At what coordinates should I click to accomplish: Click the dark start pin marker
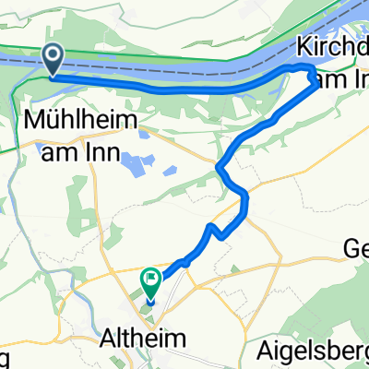(x=54, y=61)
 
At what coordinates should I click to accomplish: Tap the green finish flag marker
(x=150, y=279)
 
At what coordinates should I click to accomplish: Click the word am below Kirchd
(x=324, y=81)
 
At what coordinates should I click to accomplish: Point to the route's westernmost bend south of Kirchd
(x=219, y=166)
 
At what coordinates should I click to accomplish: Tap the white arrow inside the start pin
(x=54, y=58)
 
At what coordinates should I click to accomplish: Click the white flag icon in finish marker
(x=150, y=276)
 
